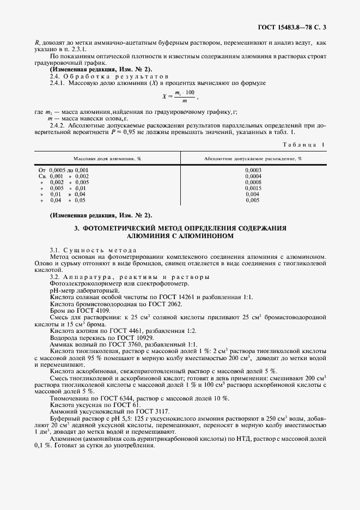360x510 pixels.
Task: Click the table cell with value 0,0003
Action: click(x=253, y=170)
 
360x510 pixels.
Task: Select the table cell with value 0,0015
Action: click(x=253, y=188)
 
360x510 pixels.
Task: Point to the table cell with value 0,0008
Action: click(x=253, y=182)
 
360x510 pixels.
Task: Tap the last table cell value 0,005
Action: click(x=253, y=200)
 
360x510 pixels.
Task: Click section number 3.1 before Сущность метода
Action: click(x=54, y=249)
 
